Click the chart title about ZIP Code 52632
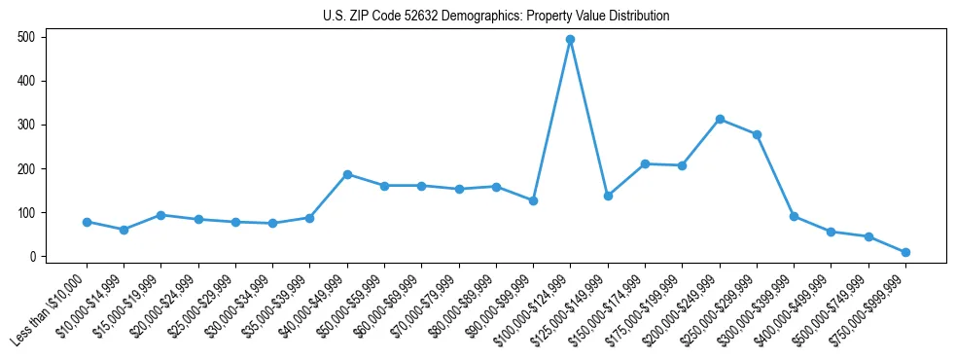(x=496, y=17)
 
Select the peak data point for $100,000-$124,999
(x=570, y=40)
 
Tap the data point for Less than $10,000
(x=87, y=222)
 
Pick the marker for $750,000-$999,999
(x=905, y=252)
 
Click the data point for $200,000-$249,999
(x=720, y=120)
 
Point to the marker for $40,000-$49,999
(x=347, y=174)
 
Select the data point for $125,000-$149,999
(x=608, y=196)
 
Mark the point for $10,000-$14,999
(x=124, y=230)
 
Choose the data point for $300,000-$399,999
(x=794, y=216)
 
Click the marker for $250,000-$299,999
(x=757, y=134)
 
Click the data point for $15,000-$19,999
(x=160, y=215)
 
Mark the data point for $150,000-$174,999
(x=645, y=164)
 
